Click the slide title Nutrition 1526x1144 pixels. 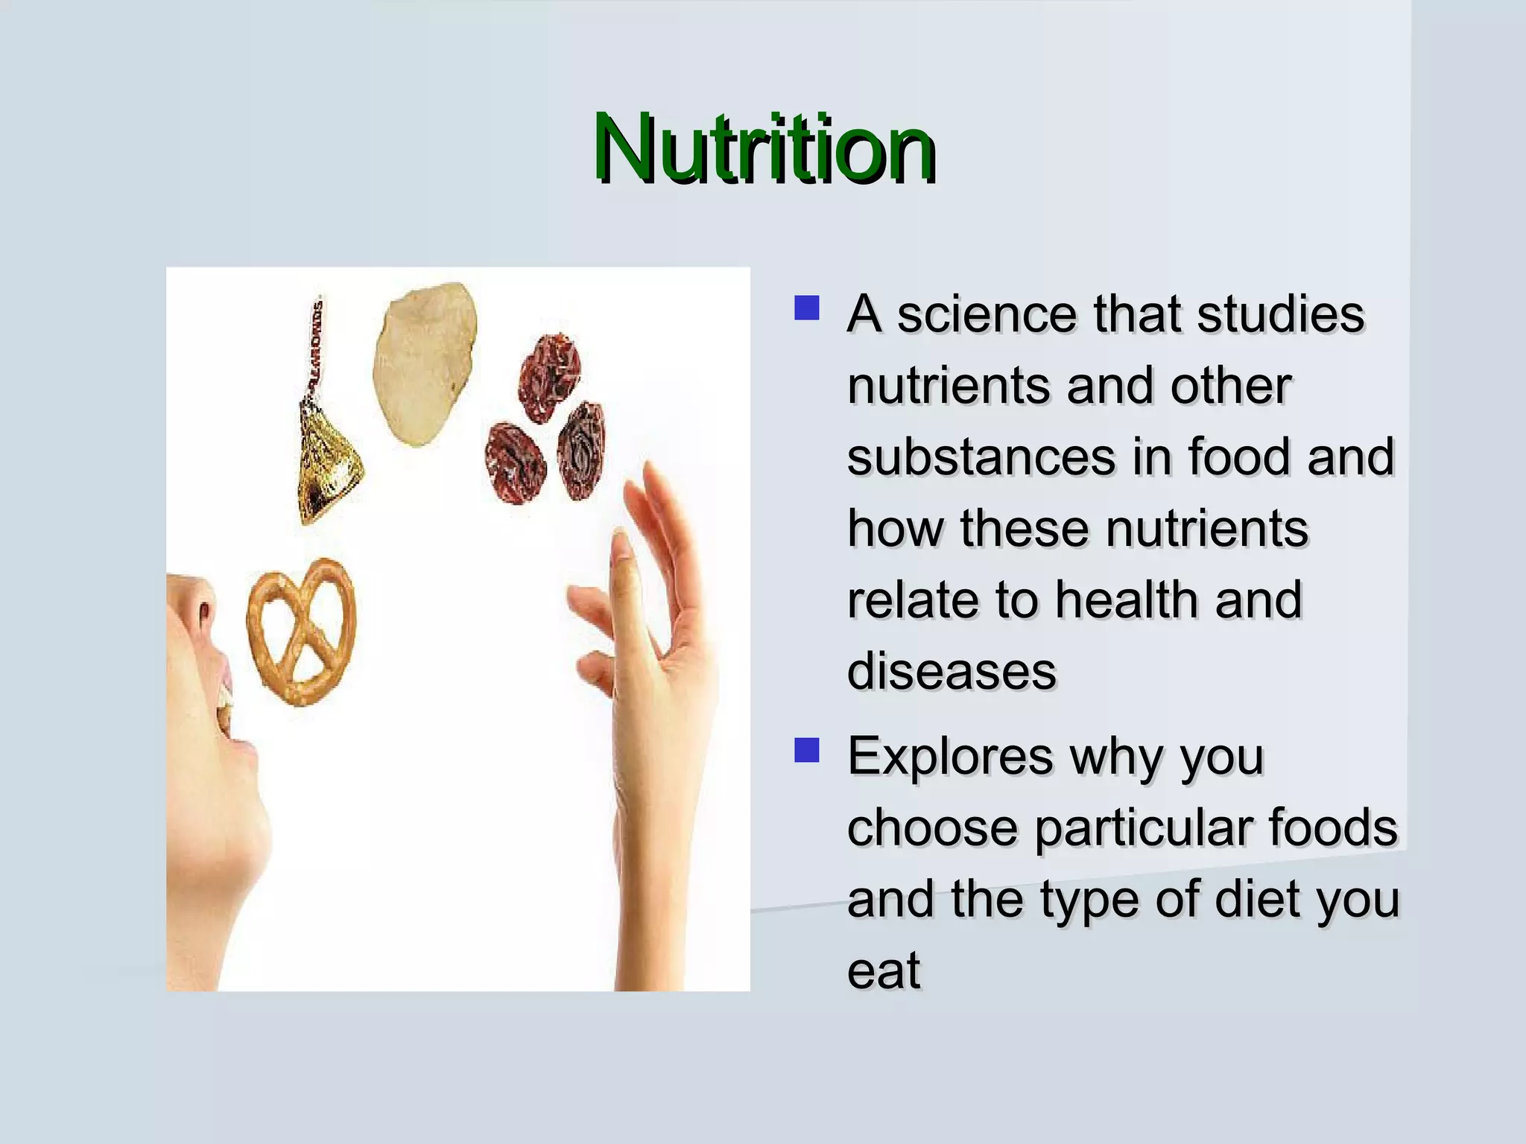coord(764,149)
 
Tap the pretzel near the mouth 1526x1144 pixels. coord(302,632)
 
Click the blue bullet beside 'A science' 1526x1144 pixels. coord(806,308)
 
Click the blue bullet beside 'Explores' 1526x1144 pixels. coord(806,750)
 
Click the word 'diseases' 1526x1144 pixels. coord(952,670)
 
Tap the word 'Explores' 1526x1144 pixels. coord(951,756)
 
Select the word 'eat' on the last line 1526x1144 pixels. coord(883,970)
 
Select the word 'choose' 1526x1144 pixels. coord(931,827)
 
